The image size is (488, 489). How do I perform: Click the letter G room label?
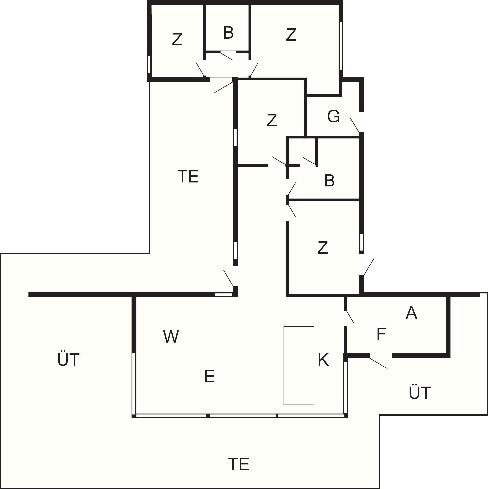click(x=333, y=117)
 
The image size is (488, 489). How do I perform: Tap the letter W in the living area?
click(x=171, y=337)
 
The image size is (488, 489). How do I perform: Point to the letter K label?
click(x=323, y=360)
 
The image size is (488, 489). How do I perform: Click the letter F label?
click(x=381, y=334)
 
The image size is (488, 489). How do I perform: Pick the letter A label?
click(x=411, y=313)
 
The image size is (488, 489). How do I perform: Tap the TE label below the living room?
click(x=238, y=464)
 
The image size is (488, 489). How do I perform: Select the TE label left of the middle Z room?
click(x=188, y=176)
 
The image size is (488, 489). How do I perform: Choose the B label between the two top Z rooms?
click(x=228, y=33)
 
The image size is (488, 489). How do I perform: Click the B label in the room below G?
click(x=329, y=181)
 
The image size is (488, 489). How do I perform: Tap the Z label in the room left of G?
click(x=272, y=121)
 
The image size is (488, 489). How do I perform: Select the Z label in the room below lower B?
click(x=323, y=247)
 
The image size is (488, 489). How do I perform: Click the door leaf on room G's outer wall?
click(x=355, y=124)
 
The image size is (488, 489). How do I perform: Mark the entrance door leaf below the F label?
click(x=378, y=363)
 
